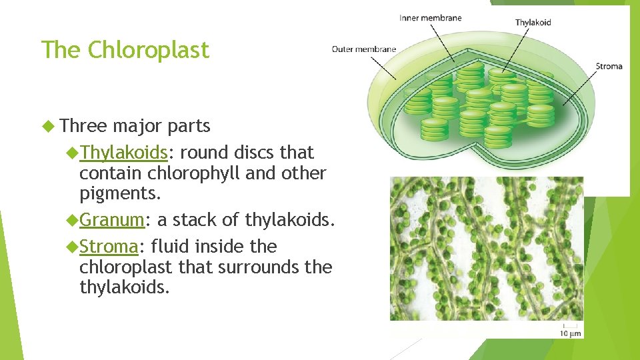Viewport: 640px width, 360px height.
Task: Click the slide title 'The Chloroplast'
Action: [x=125, y=50]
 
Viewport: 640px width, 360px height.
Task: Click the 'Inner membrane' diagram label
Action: [x=430, y=18]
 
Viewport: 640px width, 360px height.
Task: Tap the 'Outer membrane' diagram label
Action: [x=363, y=49]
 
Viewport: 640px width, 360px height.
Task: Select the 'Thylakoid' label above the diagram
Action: [x=533, y=22]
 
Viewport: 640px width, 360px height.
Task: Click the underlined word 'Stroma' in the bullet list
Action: [x=109, y=247]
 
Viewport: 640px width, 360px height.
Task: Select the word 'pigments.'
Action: [x=121, y=194]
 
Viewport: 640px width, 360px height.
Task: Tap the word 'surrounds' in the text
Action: [x=260, y=267]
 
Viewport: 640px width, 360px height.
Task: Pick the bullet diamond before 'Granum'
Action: [x=73, y=219]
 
